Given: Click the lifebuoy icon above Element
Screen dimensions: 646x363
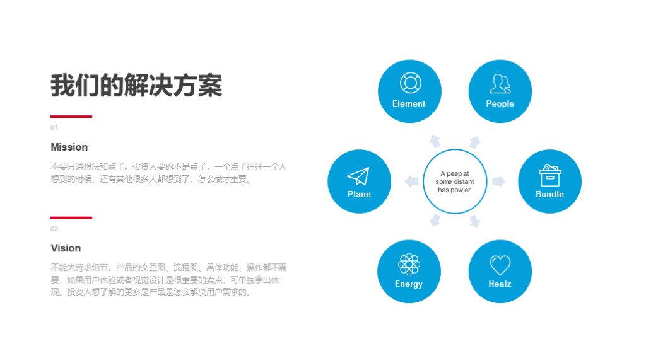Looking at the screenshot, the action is coord(410,83).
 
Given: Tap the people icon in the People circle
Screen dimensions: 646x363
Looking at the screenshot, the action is coord(500,84).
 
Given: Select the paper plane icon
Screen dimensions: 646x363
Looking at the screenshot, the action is coord(358,176).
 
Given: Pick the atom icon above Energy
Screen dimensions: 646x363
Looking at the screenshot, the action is coord(409,264).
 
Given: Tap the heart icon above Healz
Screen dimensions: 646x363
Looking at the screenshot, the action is coord(500,265).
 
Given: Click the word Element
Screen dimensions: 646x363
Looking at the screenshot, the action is coord(409,104).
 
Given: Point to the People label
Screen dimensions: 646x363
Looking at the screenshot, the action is coord(500,104).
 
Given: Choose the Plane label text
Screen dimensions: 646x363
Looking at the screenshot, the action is coord(359,194).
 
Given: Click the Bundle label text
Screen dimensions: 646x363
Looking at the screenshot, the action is coord(549,194).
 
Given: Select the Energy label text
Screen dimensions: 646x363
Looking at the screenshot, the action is coord(409,284).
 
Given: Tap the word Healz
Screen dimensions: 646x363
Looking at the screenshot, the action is coord(500,284).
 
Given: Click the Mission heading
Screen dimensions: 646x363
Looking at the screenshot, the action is coord(69,147).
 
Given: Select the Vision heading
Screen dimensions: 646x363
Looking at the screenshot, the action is coord(66,248).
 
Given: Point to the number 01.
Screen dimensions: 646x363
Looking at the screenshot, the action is coord(56,127).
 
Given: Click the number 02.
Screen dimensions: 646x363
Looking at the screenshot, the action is coord(56,229).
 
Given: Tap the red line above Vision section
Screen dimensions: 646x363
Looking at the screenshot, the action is coord(71,217).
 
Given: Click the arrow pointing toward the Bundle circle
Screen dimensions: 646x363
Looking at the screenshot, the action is coord(499,181).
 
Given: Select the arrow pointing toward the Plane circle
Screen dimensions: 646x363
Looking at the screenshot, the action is coord(411,181).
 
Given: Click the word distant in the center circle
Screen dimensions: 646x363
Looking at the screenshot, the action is coord(464,181).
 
